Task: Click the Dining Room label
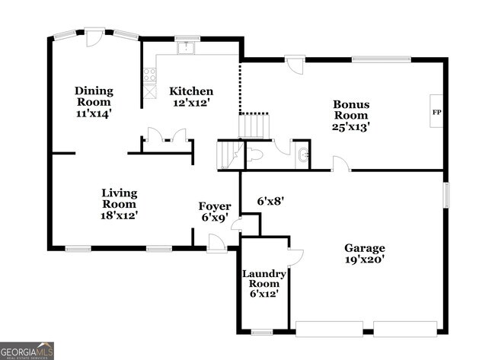[x=94, y=102]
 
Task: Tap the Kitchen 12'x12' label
[x=190, y=97]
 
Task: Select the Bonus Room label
[x=350, y=115]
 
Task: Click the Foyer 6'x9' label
[x=214, y=212]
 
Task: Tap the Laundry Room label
[x=264, y=284]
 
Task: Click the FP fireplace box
[x=437, y=113]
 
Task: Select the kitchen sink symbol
[x=187, y=48]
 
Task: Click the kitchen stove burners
[x=150, y=75]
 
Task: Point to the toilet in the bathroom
[x=254, y=155]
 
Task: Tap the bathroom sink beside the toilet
[x=303, y=157]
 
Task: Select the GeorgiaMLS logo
[x=27, y=350]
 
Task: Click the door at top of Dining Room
[x=95, y=36]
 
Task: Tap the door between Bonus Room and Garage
[x=340, y=164]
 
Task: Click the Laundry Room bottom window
[x=262, y=332]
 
